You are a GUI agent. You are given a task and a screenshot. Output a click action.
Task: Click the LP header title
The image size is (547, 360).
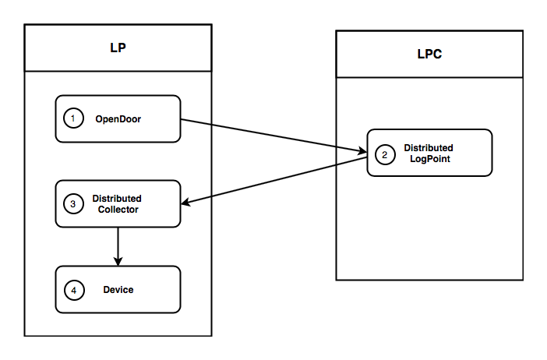coord(117,48)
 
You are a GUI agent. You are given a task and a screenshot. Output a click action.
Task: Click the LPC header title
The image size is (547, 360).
coord(429,55)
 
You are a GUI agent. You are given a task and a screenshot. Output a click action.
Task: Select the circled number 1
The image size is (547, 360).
coord(73,118)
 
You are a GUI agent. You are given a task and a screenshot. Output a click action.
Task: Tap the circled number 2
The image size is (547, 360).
coord(385,154)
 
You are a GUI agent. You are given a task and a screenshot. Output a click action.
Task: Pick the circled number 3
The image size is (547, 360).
coord(73,204)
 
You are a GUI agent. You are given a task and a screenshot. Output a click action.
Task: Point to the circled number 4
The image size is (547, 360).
coord(73,290)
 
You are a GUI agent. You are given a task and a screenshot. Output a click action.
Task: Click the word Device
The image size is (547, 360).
coord(118,290)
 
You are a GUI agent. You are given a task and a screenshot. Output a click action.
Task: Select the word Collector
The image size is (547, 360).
coord(118,209)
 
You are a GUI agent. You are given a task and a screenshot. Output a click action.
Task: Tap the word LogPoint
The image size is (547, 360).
coord(428,159)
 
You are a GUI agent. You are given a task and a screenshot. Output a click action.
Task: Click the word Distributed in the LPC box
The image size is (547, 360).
coord(428,148)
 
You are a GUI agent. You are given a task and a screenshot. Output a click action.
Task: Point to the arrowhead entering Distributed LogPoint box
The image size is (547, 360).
coord(362,151)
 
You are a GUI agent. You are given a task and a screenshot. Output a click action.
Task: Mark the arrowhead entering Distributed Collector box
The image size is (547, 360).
coord(186,203)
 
